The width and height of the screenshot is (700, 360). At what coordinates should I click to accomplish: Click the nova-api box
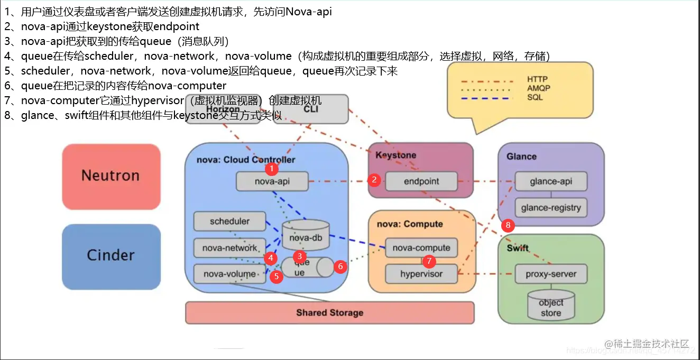pyautogui.click(x=272, y=182)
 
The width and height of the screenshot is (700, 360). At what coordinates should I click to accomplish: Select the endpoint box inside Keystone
pyautogui.click(x=421, y=181)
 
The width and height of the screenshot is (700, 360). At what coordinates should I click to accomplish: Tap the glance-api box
pyautogui.click(x=551, y=181)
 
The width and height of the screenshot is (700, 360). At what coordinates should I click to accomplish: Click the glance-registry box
pyautogui.click(x=551, y=208)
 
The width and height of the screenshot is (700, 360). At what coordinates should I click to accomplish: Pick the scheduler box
pyautogui.click(x=229, y=221)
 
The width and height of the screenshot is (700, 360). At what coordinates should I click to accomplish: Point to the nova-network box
pyautogui.click(x=229, y=248)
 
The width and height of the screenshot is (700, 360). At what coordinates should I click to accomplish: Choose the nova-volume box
pyautogui.click(x=229, y=274)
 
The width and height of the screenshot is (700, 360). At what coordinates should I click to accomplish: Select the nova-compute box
pyautogui.click(x=421, y=247)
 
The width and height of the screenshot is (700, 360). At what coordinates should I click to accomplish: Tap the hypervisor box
pyautogui.click(x=421, y=274)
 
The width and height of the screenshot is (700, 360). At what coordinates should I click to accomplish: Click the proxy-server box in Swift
pyautogui.click(x=551, y=274)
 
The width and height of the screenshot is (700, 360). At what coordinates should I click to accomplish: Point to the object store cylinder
pyautogui.click(x=551, y=306)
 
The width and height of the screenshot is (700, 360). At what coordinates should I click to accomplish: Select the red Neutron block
pyautogui.click(x=110, y=176)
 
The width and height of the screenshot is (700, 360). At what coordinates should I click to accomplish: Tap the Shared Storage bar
pyautogui.click(x=329, y=312)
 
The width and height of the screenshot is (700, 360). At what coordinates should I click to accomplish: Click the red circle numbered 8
pyautogui.click(x=508, y=226)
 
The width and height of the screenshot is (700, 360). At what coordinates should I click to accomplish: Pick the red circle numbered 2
pyautogui.click(x=374, y=180)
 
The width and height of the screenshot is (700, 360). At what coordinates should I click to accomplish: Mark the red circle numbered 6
pyautogui.click(x=340, y=266)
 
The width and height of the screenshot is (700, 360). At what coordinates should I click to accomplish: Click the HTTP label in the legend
pyautogui.click(x=537, y=79)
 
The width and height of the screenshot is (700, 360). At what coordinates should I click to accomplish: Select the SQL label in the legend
pyautogui.click(x=535, y=97)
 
